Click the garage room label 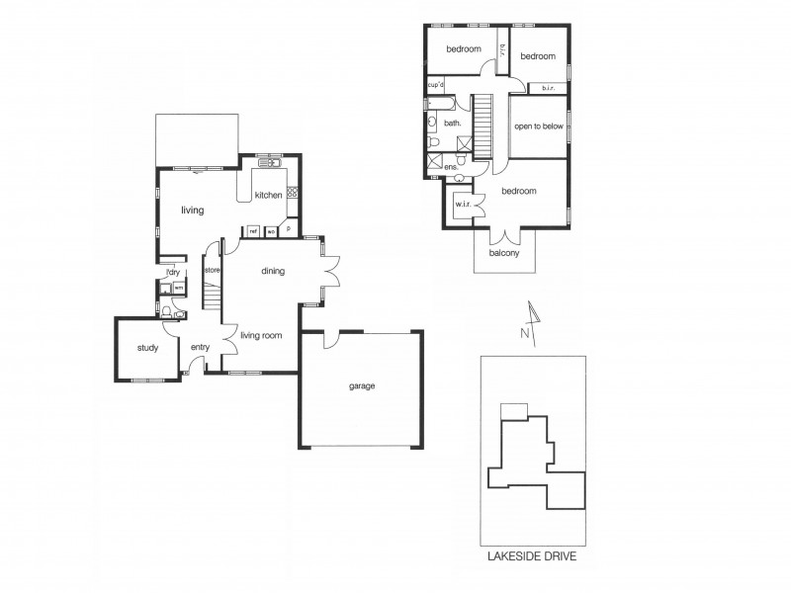362,385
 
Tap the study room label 148,348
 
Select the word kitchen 269,196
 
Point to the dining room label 273,271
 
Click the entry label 200,347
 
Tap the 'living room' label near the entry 261,336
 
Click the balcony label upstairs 504,253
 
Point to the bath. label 453,124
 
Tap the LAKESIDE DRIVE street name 532,556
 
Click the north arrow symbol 533,319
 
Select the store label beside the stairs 211,270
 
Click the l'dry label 172,272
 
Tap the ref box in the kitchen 253,231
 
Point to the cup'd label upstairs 435,85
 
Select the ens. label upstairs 450,169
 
